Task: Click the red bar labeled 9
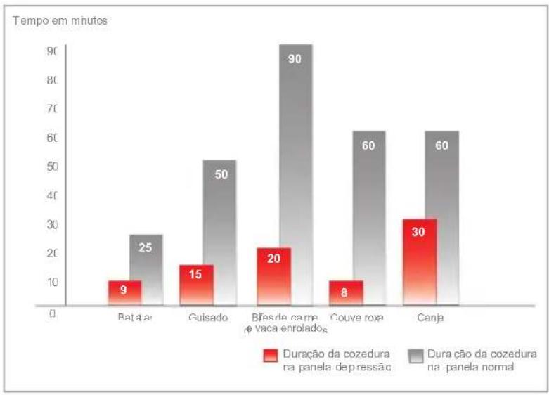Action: pos(124,292)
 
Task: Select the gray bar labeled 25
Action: pos(146,267)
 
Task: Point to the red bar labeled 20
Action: pos(273,276)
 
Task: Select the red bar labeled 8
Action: pos(346,292)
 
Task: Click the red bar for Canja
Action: pos(420,261)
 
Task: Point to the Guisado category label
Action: pos(209,318)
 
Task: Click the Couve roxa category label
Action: pos(356,318)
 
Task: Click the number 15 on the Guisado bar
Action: pos(196,274)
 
